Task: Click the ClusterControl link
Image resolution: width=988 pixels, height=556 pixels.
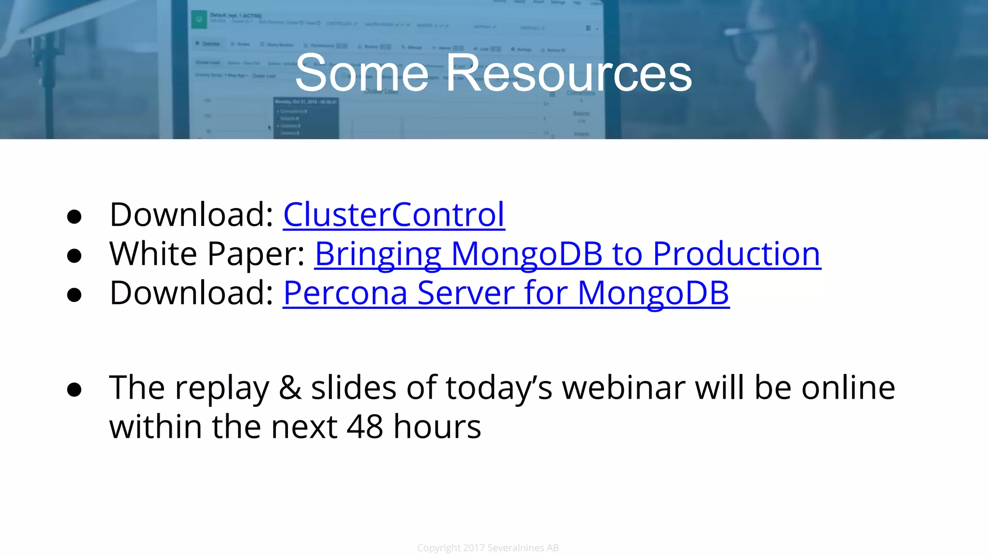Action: click(394, 214)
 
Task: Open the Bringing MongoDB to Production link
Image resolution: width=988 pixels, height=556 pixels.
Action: click(567, 254)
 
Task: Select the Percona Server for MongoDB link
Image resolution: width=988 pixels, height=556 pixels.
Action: click(506, 293)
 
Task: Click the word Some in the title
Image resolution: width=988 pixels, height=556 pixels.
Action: click(362, 73)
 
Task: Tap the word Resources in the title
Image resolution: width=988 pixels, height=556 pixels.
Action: click(568, 73)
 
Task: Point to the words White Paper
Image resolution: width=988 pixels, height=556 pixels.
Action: click(206, 254)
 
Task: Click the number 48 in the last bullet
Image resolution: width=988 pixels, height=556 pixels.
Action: click(365, 427)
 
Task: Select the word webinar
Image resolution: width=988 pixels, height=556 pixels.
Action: click(623, 388)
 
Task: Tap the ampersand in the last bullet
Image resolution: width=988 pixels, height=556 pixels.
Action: click(290, 388)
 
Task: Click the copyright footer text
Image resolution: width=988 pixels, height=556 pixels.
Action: click(488, 548)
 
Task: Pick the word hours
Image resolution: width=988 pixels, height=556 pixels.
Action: click(437, 427)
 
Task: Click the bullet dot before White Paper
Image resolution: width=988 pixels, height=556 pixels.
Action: click(74, 256)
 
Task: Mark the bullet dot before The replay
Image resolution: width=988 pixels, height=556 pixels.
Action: click(74, 389)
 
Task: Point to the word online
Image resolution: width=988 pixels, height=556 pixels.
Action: click(848, 388)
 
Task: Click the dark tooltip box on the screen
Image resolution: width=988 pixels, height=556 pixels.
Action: click(306, 118)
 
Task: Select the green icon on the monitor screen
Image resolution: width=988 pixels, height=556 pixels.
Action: click(199, 20)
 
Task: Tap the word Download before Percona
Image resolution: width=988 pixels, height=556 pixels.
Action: click(192, 293)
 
